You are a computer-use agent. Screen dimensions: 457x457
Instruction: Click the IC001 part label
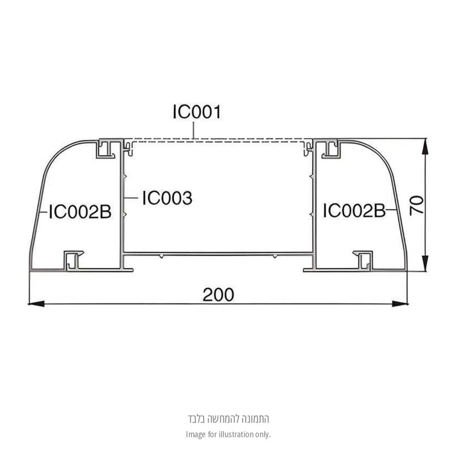197,112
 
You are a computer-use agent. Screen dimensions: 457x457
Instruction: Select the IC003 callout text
167,198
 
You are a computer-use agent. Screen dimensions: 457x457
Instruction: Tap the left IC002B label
80,212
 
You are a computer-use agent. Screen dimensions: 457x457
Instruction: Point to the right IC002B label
354,211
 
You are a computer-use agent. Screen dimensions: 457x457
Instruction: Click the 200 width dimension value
218,295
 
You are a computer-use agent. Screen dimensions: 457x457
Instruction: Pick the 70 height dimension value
416,206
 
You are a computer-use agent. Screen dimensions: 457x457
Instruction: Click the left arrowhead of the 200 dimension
36,304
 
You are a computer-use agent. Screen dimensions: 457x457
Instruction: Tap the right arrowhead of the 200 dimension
400,304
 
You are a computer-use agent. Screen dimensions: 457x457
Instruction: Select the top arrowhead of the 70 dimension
425,147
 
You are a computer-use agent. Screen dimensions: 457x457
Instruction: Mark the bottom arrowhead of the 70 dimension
425,263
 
